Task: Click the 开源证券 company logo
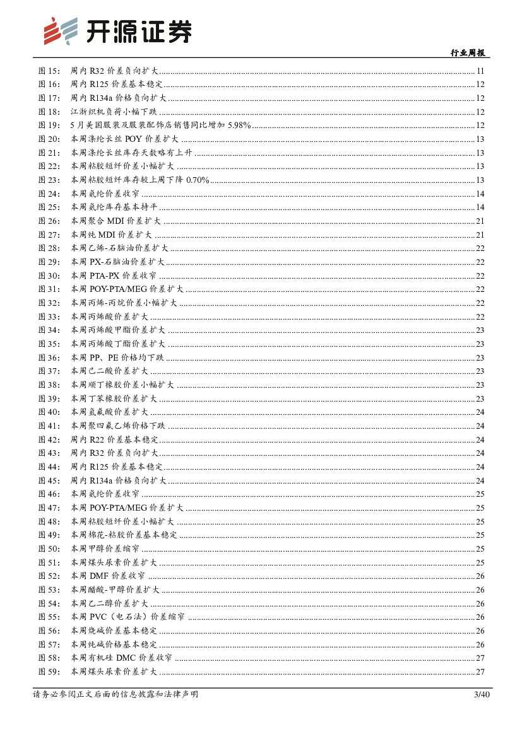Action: coord(117,31)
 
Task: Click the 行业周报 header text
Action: coord(470,53)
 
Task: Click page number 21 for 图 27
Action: coord(480,235)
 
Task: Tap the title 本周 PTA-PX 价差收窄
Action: coord(113,276)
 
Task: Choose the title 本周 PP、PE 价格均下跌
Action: coord(117,358)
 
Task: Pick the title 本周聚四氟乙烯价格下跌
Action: coord(118,426)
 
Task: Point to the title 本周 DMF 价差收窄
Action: coord(108,576)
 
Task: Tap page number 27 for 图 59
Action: coord(480,671)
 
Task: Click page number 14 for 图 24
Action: coord(480,194)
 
